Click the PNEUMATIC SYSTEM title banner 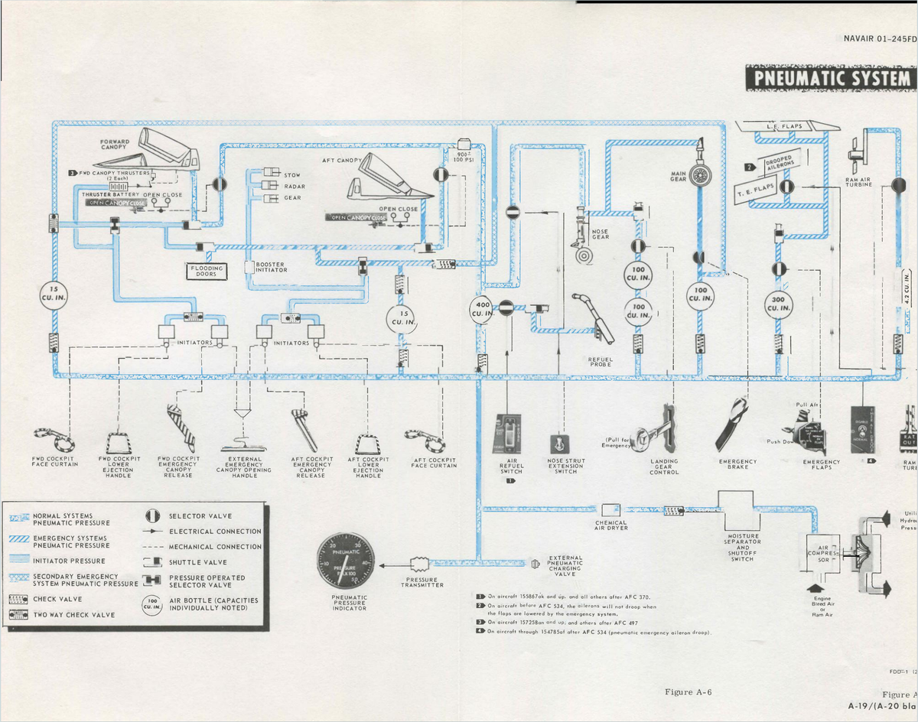point(830,78)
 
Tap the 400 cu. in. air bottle point(483,309)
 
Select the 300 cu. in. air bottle point(778,304)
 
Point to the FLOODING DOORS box point(207,271)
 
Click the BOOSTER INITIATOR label point(272,267)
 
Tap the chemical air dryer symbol point(610,509)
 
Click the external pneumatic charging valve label point(565,566)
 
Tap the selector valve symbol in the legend point(152,516)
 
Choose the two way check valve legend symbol point(18,614)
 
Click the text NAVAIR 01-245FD point(880,38)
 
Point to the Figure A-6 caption point(688,692)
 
